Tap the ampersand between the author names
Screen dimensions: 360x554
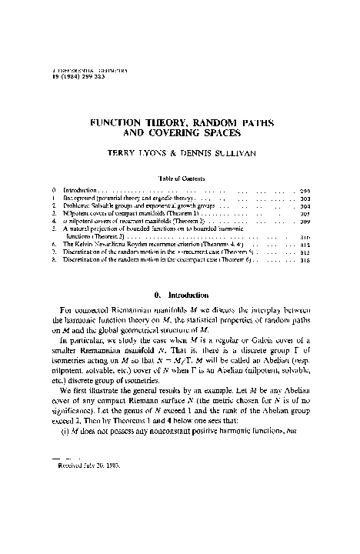click(183, 152)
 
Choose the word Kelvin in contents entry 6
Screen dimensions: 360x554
click(89, 245)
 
